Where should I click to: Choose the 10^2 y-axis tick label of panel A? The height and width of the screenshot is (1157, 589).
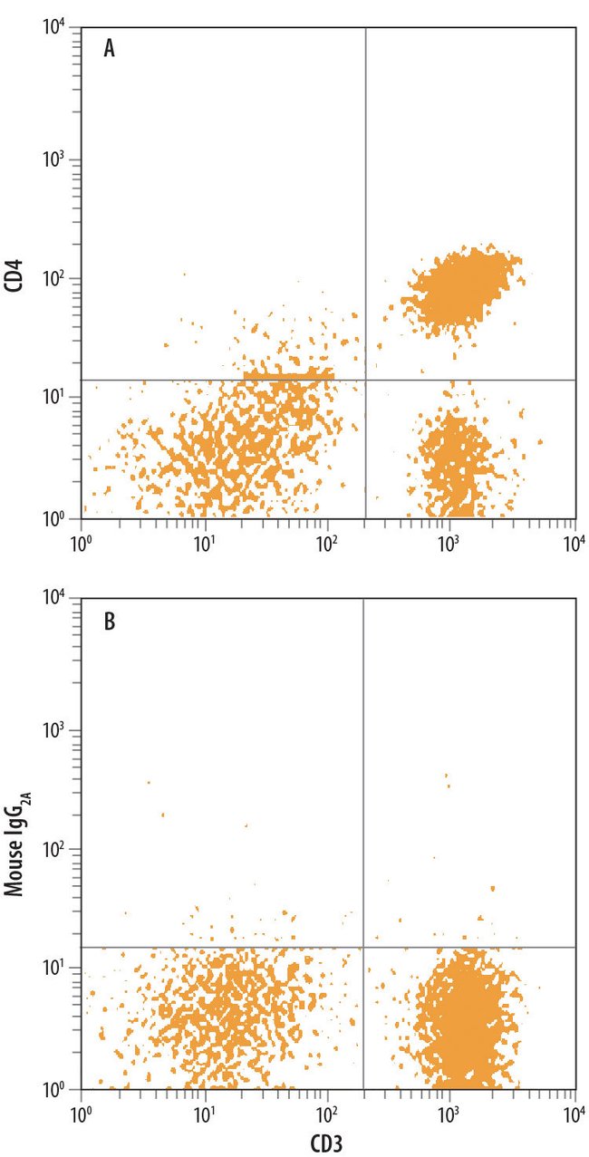coord(56,278)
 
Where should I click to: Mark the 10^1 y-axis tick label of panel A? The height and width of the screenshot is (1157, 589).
coord(56,397)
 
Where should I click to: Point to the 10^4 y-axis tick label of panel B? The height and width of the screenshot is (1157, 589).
coord(56,598)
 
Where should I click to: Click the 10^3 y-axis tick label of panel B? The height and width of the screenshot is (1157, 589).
coord(56,730)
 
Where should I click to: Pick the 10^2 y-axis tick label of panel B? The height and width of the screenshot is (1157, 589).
coord(56,849)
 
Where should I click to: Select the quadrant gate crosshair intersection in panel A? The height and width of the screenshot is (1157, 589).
coord(365,380)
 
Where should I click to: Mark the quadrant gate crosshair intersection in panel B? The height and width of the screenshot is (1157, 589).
coord(362,948)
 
